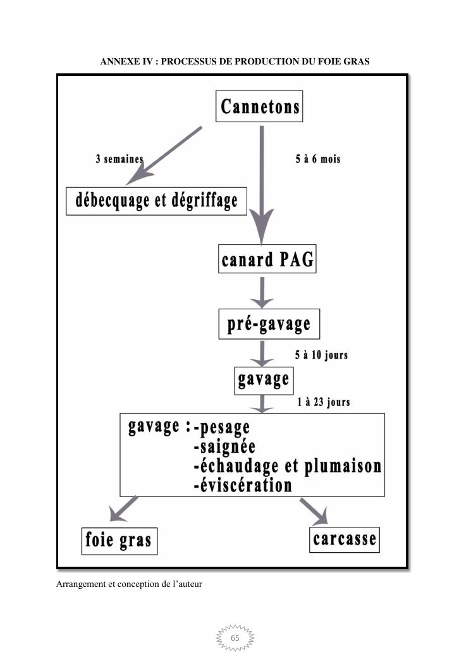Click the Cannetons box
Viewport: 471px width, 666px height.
coord(259,106)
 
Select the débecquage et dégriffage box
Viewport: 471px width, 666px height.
coord(157,200)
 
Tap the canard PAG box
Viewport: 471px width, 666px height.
coord(267,259)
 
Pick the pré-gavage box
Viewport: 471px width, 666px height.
coord(269,324)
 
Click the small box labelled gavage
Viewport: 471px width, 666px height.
coord(264,379)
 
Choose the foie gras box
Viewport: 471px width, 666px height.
coord(119,540)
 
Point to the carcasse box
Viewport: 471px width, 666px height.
coord(345,539)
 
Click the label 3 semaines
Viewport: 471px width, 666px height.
coord(119,159)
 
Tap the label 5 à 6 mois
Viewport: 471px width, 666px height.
coord(317,159)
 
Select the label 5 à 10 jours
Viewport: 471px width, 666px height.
coord(321,355)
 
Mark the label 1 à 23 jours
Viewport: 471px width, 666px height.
coord(323,402)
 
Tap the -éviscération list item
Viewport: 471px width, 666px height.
coord(243,485)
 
